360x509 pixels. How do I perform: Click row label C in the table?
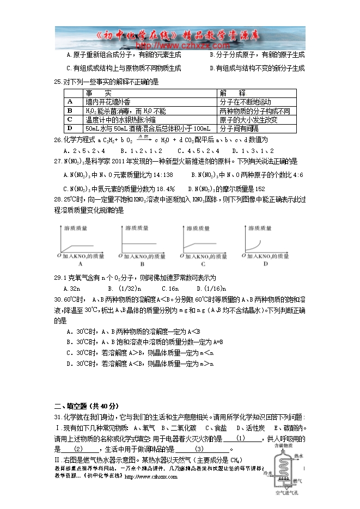point(69,120)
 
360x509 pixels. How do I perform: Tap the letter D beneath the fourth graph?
point(265,264)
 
